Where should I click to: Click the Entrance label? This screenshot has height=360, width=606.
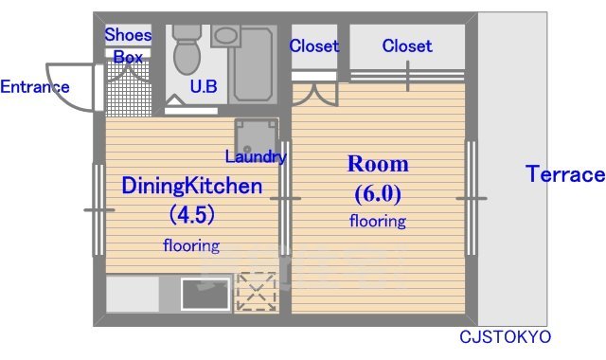pyautogui.click(x=35, y=86)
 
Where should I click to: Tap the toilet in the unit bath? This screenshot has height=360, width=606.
pyautogui.click(x=187, y=49)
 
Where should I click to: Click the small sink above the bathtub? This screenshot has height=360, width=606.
pyautogui.click(x=225, y=36)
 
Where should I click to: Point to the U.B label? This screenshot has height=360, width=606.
pyautogui.click(x=204, y=86)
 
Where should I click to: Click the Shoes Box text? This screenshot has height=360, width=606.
pyautogui.click(x=128, y=45)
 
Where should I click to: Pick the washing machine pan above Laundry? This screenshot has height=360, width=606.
pyautogui.click(x=257, y=136)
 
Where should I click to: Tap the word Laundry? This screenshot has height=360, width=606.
pyautogui.click(x=256, y=156)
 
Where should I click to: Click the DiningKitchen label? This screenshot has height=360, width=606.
pyautogui.click(x=192, y=186)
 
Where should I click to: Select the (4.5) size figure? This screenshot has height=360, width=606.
pyautogui.click(x=192, y=214)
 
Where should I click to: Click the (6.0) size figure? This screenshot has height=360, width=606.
pyautogui.click(x=378, y=193)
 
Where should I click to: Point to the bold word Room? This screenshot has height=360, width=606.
pyautogui.click(x=378, y=164)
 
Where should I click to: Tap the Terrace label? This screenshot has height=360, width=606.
pyautogui.click(x=565, y=173)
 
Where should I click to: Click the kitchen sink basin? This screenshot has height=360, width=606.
pyautogui.click(x=205, y=294)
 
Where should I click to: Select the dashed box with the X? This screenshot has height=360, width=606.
pyautogui.click(x=257, y=292)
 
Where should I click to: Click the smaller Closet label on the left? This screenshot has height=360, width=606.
pyautogui.click(x=314, y=46)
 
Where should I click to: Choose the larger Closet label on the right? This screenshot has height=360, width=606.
pyautogui.click(x=407, y=46)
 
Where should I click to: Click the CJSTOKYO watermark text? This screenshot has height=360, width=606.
pyautogui.click(x=505, y=337)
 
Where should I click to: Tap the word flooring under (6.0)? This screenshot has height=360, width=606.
pyautogui.click(x=378, y=221)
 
